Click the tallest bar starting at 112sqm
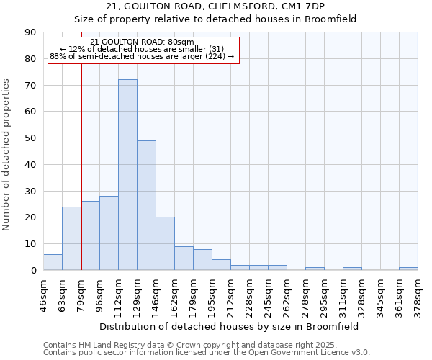(127, 175)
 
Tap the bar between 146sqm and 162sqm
(165, 243)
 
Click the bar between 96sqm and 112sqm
(109, 233)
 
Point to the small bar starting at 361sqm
(408, 269)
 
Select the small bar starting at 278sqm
(315, 269)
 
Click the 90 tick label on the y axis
(30, 32)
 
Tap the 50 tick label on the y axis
(30, 138)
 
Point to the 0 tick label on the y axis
(33, 271)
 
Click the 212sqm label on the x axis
(230, 293)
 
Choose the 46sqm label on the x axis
(43, 293)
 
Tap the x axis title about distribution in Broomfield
(230, 327)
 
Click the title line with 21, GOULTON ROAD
(215, 6)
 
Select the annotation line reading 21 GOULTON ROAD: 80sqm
(142, 42)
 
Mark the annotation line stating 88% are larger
(142, 56)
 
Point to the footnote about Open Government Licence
(207, 353)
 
